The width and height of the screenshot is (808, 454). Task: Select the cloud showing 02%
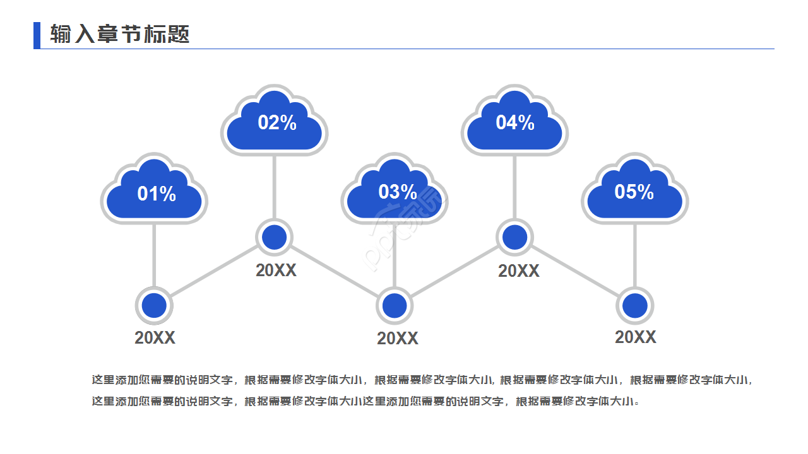click(x=275, y=123)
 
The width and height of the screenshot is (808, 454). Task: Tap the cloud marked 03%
click(x=395, y=192)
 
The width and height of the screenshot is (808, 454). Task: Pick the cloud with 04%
click(x=514, y=123)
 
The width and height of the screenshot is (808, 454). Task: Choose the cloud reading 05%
click(x=634, y=192)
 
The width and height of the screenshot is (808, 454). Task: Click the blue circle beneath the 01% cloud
click(x=154, y=306)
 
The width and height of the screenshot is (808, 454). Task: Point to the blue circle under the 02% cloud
click(x=275, y=237)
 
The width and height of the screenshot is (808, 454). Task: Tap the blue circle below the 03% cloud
click(x=395, y=306)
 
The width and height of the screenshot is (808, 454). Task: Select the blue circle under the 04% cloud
click(x=514, y=237)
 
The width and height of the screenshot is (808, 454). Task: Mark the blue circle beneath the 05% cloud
click(x=634, y=306)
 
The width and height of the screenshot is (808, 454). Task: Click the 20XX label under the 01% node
click(x=155, y=338)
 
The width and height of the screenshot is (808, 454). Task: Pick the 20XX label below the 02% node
click(x=276, y=271)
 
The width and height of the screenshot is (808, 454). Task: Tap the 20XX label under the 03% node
click(x=398, y=339)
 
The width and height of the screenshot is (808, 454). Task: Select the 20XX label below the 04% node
click(x=519, y=271)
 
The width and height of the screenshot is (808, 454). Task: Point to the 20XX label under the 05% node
click(x=636, y=337)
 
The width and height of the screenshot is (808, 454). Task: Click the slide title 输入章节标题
click(x=120, y=34)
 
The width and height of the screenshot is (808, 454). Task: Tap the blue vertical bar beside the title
click(x=37, y=35)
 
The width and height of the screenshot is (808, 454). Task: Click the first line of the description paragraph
click(x=423, y=380)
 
